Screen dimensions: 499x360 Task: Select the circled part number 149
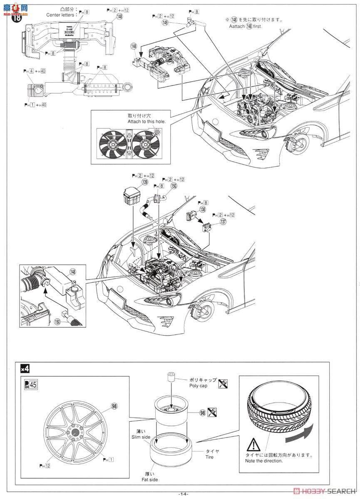[166, 23]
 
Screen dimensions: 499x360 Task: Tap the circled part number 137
[223, 222]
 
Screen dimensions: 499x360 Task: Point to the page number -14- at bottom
[183, 494]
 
